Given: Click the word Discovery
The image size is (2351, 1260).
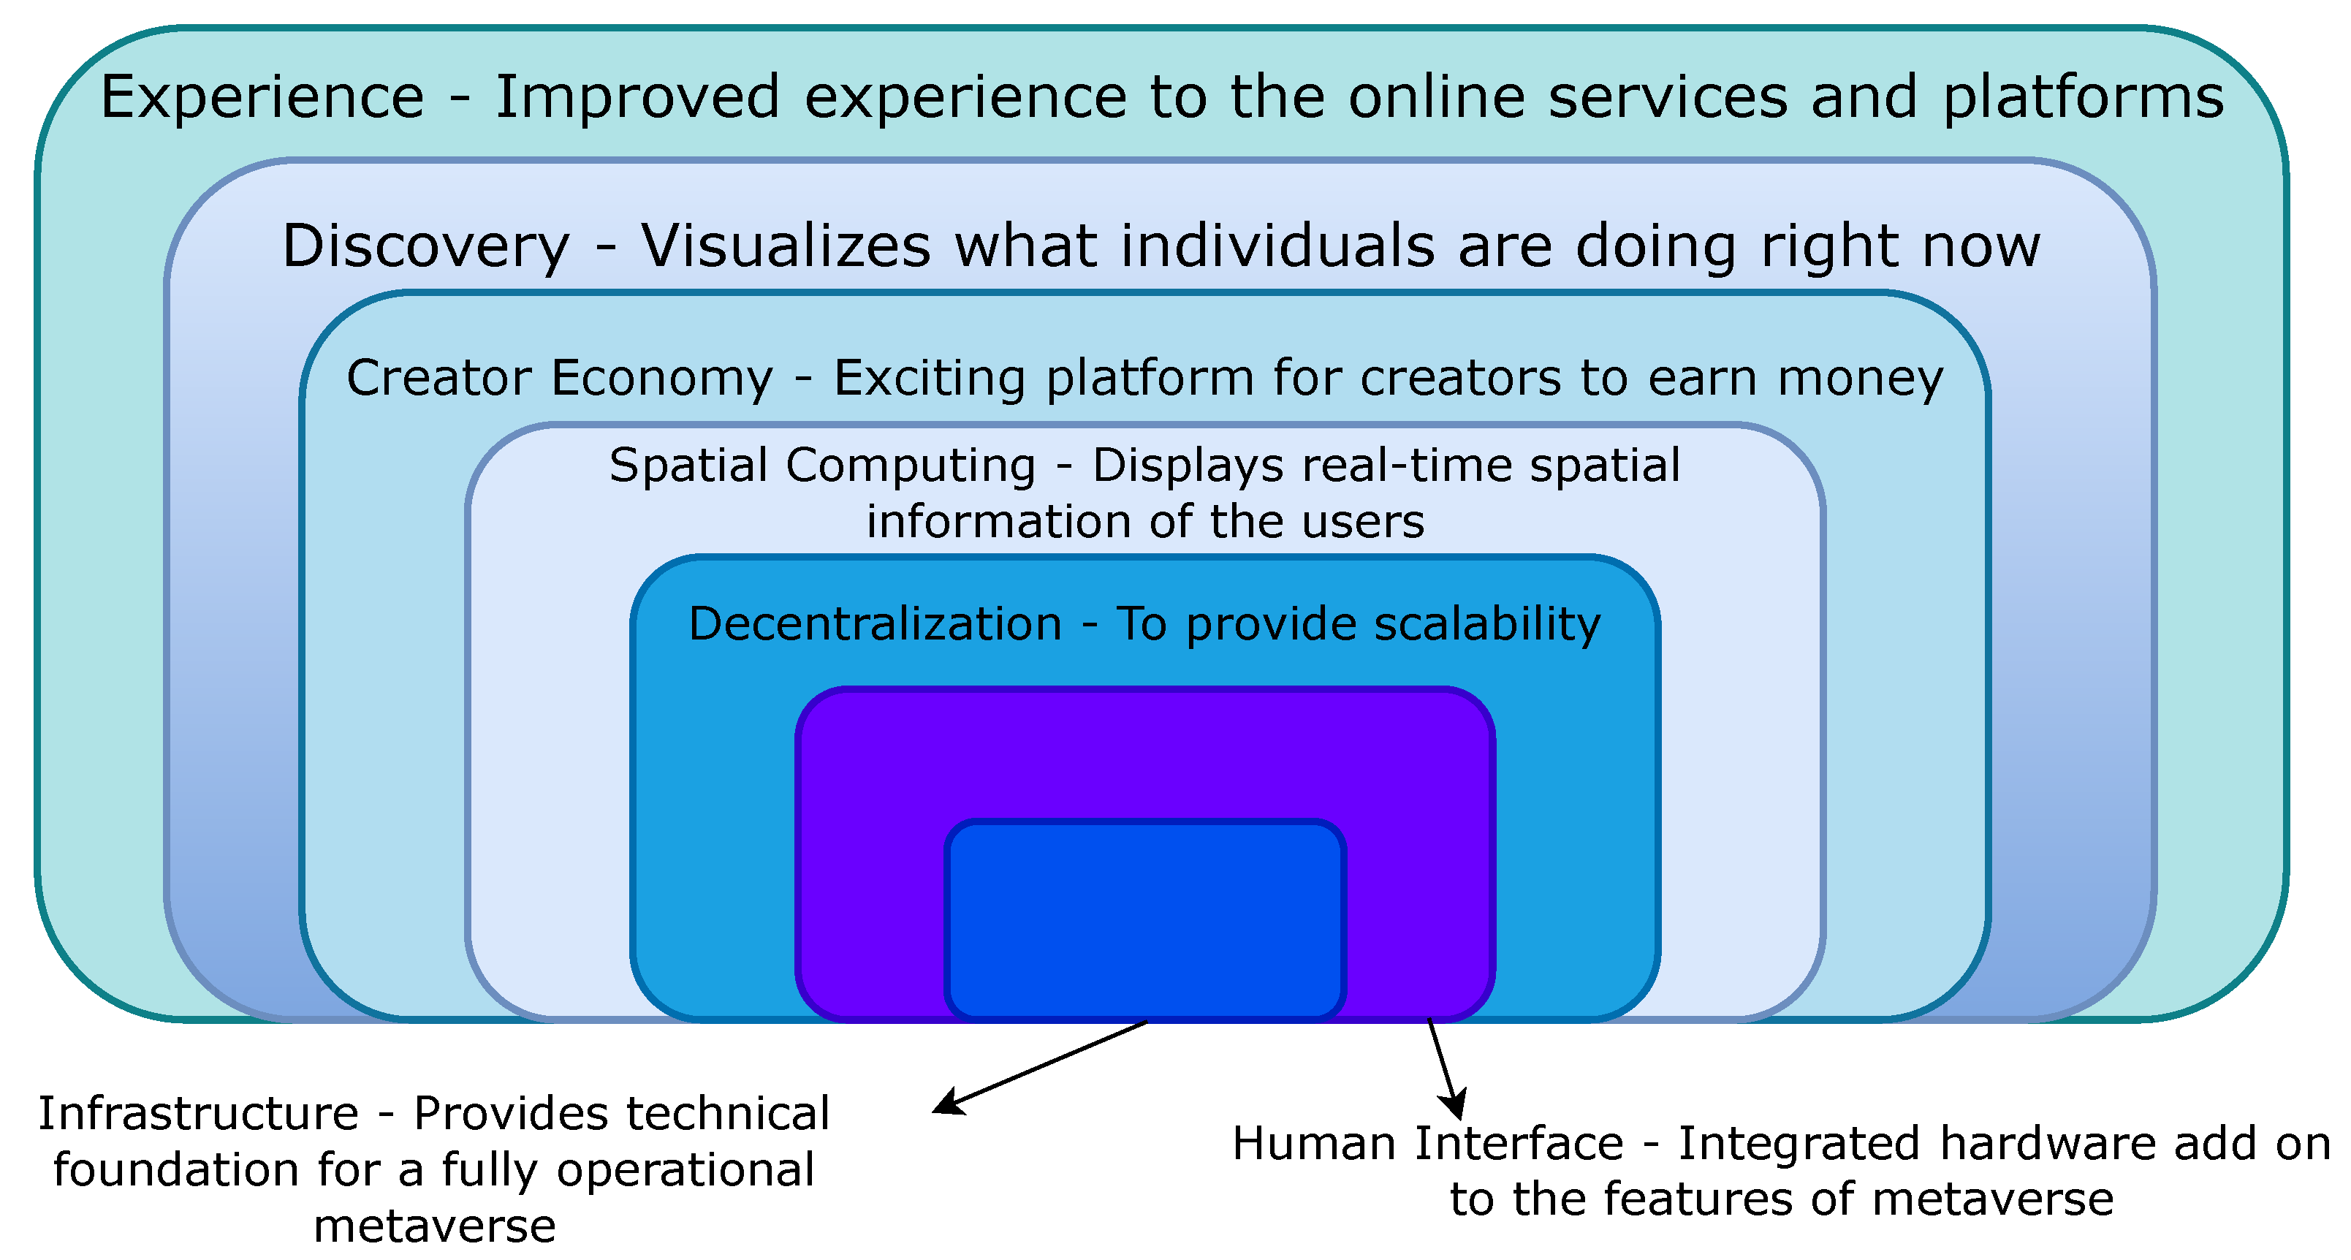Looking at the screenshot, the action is pyautogui.click(x=425, y=246).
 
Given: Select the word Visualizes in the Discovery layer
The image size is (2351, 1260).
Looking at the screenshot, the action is pyautogui.click(x=786, y=246).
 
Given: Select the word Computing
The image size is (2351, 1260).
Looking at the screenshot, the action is pyautogui.click(x=910, y=466).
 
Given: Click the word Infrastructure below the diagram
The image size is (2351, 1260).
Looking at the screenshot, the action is pyautogui.click(x=198, y=1114).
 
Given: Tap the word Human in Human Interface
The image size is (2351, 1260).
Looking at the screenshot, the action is pyautogui.click(x=1314, y=1144).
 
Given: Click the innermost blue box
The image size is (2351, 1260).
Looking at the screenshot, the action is pyautogui.click(x=1144, y=918).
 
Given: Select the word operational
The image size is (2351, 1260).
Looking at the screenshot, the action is pyautogui.click(x=685, y=1171).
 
